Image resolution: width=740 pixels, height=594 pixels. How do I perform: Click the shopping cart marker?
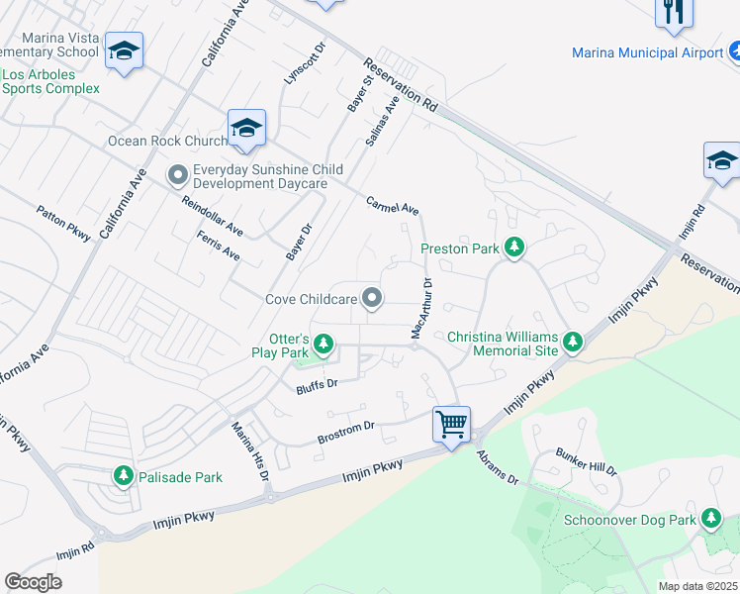451,425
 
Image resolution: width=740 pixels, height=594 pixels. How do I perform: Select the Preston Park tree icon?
513,247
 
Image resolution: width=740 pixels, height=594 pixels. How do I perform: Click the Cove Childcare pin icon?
372,297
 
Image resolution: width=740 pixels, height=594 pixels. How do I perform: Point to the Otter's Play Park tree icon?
323,346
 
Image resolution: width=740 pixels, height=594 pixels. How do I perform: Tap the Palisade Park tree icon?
124,476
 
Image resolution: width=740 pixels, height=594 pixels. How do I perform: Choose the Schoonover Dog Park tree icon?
710,519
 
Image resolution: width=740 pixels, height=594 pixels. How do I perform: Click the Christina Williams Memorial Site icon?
572,344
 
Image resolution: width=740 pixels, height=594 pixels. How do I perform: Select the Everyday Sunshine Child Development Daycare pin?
178,176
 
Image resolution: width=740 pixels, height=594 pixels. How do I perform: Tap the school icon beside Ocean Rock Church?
246,128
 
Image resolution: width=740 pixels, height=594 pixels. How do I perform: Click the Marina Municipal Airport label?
648,52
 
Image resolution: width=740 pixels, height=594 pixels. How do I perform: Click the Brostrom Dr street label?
345,431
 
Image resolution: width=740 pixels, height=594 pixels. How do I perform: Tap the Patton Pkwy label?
63,223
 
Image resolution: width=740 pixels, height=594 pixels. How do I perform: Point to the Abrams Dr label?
497,465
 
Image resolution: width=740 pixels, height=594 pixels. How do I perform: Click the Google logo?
34,582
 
